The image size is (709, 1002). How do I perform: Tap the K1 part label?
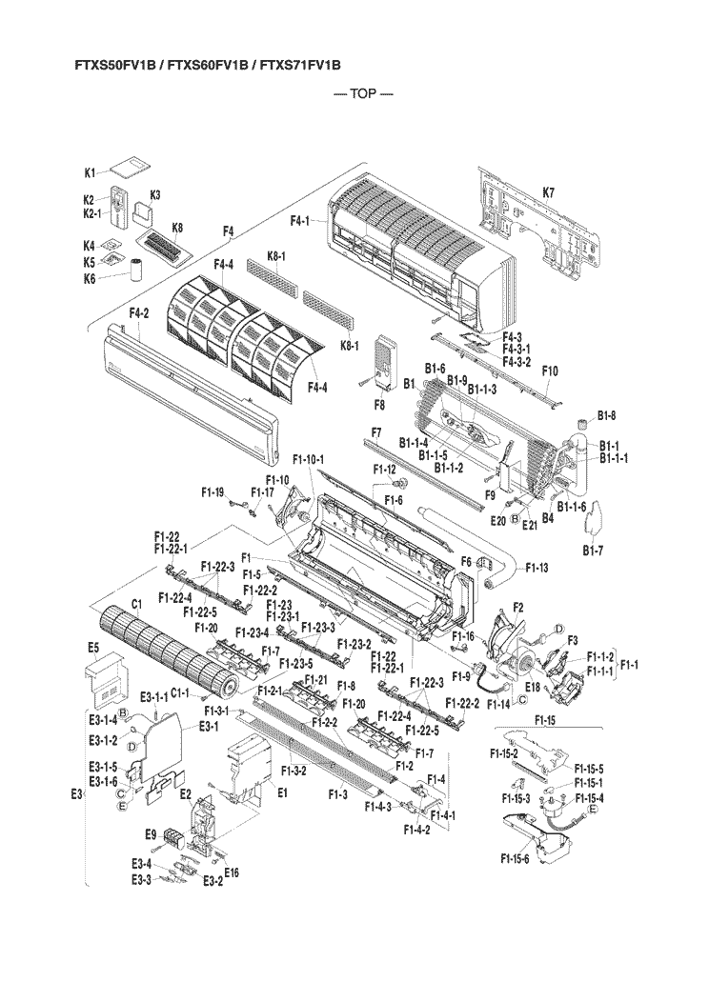(91, 173)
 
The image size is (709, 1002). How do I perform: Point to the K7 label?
(549, 192)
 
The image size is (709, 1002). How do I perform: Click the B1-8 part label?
(607, 414)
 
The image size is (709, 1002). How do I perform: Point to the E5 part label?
(93, 648)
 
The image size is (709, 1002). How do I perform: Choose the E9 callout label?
(151, 834)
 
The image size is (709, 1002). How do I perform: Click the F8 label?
(379, 404)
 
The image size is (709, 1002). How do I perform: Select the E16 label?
(232, 872)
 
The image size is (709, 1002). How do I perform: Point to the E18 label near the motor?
(533, 686)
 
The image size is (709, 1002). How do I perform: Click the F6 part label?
(467, 562)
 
